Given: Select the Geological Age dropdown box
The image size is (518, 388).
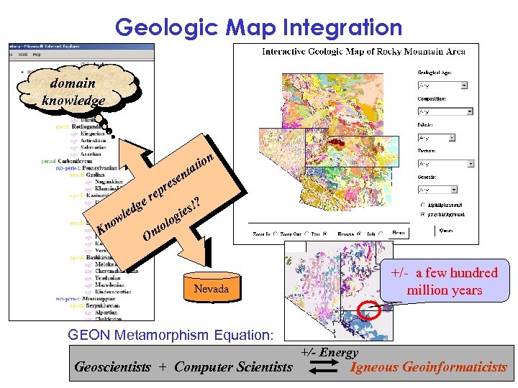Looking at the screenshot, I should [442, 85].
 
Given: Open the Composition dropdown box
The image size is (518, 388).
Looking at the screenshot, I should [445, 111].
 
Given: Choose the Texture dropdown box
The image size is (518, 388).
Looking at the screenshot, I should [442, 163].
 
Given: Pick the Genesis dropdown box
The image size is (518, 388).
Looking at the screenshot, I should [442, 190].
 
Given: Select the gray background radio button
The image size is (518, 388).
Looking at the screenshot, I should [422, 214].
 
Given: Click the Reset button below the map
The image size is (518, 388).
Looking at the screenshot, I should [398, 234].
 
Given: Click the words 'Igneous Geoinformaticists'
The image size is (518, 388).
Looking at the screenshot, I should [428, 367].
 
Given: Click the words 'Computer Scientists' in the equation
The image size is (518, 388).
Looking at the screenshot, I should [233, 367].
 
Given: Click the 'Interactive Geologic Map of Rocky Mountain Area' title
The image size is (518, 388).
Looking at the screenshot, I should [363, 51].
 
